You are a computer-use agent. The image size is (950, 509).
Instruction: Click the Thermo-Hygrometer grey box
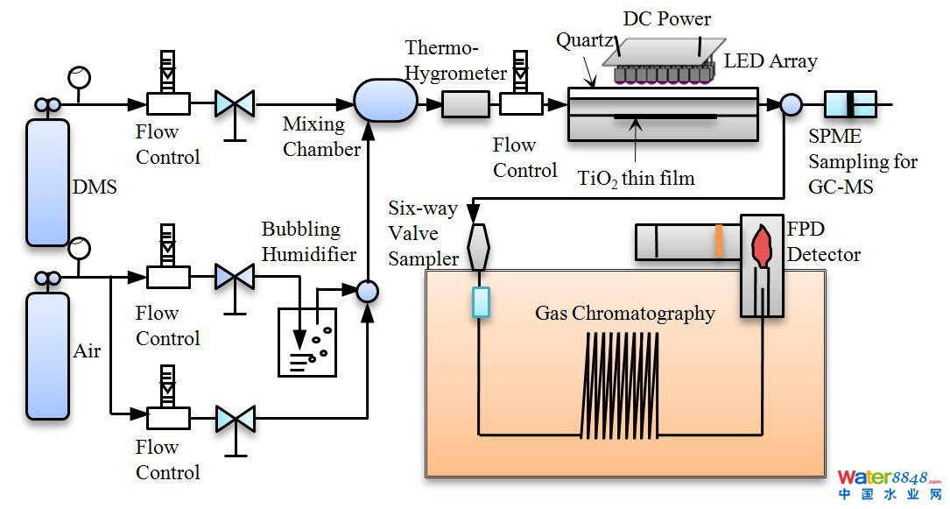[x=465, y=105]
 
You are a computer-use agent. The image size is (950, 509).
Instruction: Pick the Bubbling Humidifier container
[x=306, y=342]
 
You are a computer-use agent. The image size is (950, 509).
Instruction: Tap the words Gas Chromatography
[x=624, y=314]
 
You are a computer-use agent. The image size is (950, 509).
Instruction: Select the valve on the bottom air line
[x=235, y=418]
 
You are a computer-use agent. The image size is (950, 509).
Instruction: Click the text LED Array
[x=770, y=61]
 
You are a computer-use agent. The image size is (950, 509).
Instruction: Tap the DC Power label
[x=667, y=18]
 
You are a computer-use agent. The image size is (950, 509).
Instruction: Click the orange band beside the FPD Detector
[x=719, y=242]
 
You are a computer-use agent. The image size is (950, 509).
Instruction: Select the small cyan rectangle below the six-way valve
[x=481, y=301]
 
